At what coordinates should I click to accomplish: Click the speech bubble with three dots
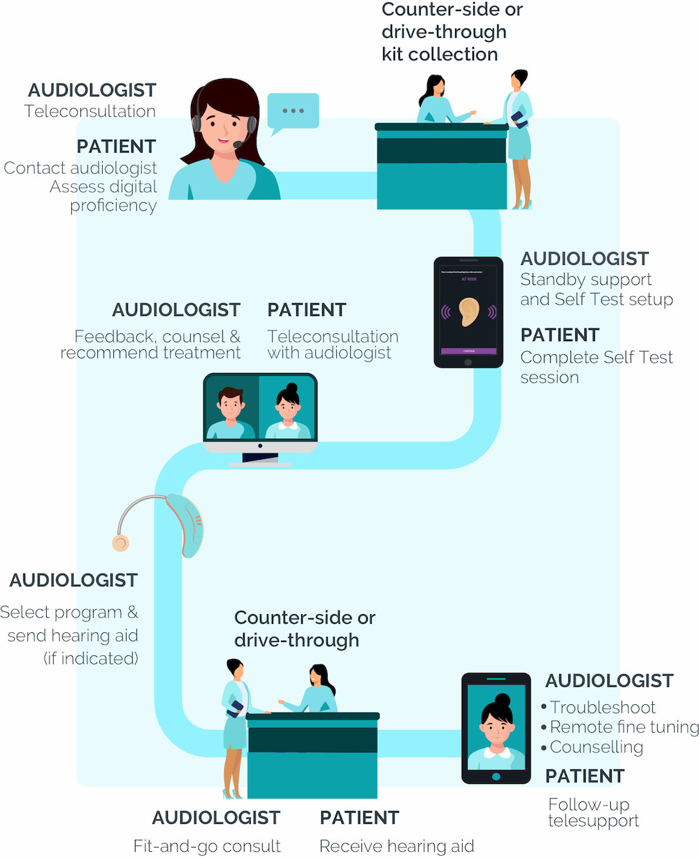[294, 111]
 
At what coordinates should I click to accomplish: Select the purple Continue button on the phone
[468, 351]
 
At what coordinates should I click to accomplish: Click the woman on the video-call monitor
[287, 412]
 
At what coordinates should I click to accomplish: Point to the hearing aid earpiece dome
[121, 543]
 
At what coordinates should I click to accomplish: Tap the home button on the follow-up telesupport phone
[496, 776]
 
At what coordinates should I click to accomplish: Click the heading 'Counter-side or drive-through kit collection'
[452, 32]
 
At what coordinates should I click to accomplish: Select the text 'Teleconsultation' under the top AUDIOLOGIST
[89, 111]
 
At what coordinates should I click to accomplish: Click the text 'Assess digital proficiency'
[103, 196]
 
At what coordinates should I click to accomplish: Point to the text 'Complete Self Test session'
[596, 368]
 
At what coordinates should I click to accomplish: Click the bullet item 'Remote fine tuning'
[624, 727]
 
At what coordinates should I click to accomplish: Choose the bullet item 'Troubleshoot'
[603, 707]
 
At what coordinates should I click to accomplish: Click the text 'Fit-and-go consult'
[207, 846]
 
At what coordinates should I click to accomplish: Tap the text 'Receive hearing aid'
[396, 846]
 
